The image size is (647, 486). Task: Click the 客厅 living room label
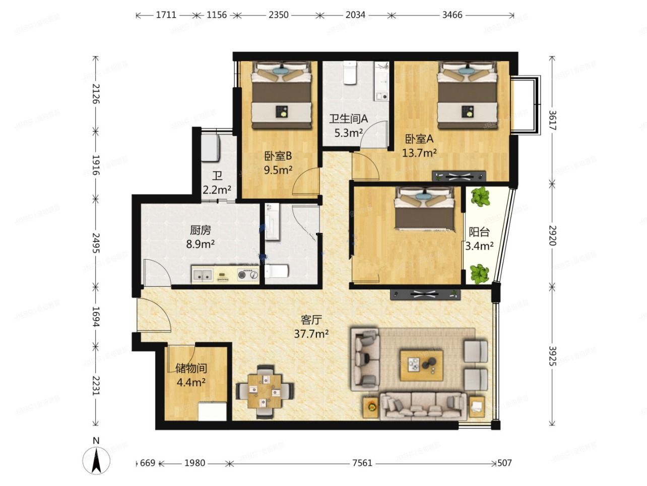pos(311,320)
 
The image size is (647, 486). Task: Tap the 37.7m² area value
pos(311,333)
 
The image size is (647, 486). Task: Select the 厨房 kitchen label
pos(200,231)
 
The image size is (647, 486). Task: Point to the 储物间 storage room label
pos(191,369)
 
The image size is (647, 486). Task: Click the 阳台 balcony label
pos(479,232)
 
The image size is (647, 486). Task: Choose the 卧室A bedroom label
pos(419,139)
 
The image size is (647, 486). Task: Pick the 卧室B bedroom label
pos(278,156)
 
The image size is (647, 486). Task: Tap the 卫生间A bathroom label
pos(349,119)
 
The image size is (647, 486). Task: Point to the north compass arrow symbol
pos(96,460)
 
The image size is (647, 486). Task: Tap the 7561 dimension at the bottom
pos(362,463)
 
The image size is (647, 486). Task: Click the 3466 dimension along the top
pos(452,15)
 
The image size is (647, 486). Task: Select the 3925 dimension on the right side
pos(553,355)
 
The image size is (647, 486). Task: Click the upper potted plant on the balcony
pos(481,197)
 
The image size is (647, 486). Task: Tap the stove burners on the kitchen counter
pos(247,275)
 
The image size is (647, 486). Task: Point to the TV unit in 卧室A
pos(459,176)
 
